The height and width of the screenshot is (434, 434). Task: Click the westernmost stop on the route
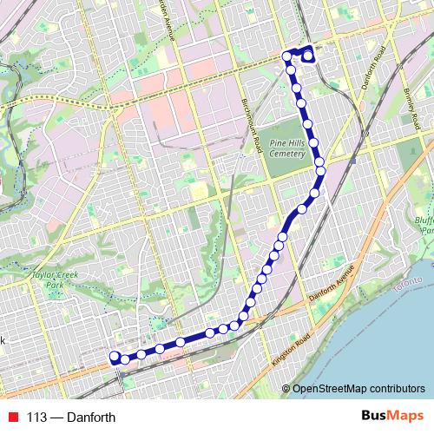point(114,357)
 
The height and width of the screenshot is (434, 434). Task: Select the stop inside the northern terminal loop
point(308,58)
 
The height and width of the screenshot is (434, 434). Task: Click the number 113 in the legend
point(36,418)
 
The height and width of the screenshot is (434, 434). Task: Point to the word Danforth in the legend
point(91,418)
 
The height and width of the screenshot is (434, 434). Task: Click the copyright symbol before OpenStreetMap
point(286,388)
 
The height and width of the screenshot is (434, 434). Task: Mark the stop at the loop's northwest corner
point(287,56)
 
